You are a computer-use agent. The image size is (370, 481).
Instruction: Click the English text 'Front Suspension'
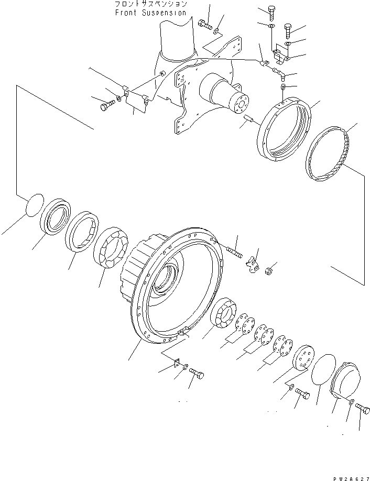pyautogui.click(x=150, y=13)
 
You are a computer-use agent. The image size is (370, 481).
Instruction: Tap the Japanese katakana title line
pyautogui.click(x=150, y=4)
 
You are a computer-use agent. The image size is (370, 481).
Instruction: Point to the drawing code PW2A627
pyautogui.click(x=350, y=478)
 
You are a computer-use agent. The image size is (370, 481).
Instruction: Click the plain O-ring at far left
pyautogui.click(x=34, y=204)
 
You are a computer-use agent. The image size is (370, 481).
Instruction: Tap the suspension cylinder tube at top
pyautogui.click(x=177, y=37)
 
